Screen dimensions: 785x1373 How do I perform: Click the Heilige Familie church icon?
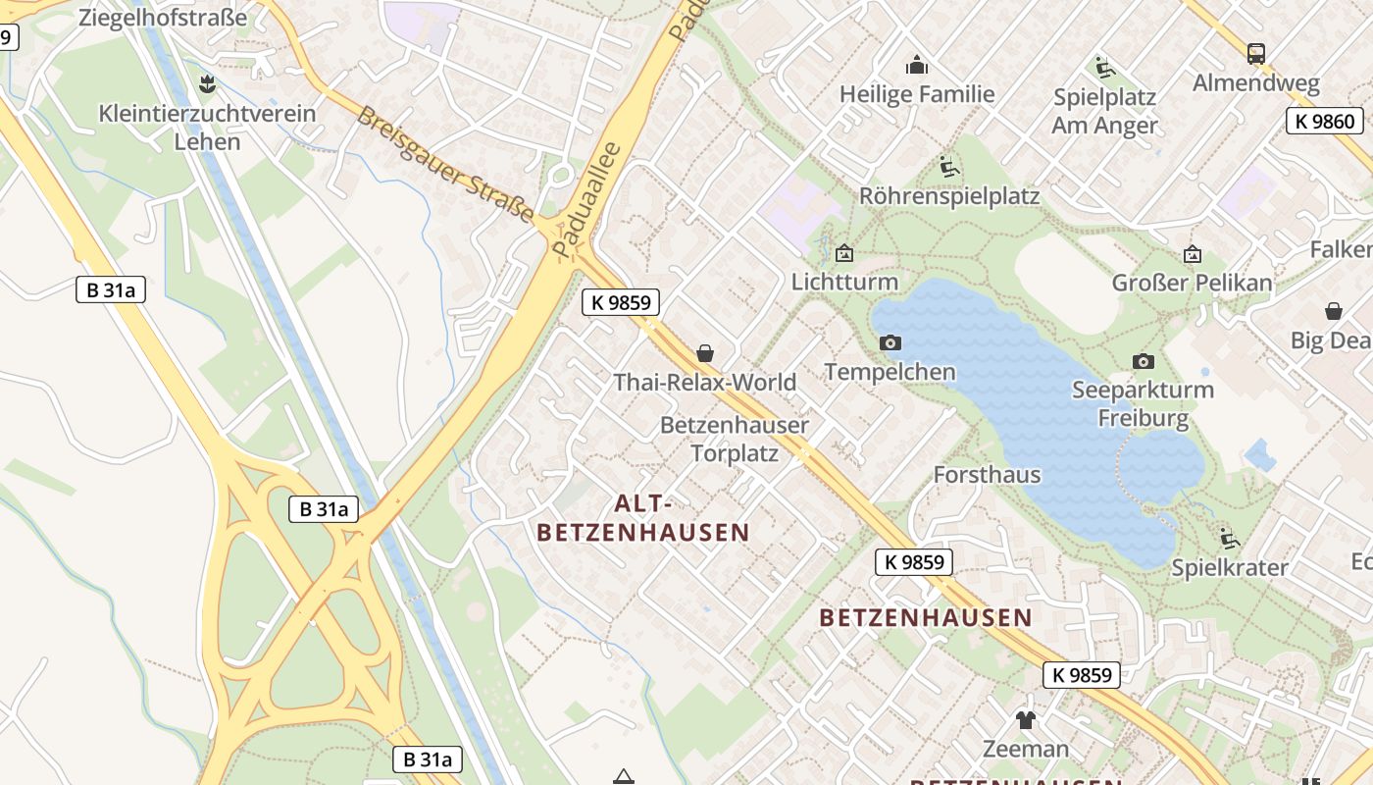[917, 66]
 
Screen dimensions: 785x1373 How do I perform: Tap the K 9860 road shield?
[1325, 122]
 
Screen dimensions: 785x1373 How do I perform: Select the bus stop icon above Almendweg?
[1255, 53]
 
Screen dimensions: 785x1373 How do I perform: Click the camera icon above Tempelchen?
[890, 342]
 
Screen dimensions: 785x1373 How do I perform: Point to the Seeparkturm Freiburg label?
[1143, 404]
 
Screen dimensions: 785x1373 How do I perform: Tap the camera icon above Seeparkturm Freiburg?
[1143, 361]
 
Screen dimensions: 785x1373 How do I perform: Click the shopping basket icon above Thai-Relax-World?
[704, 352]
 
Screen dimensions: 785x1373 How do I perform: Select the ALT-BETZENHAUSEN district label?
[643, 518]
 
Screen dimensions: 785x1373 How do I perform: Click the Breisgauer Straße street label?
[446, 164]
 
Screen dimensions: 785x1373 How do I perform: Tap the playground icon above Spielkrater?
[1229, 538]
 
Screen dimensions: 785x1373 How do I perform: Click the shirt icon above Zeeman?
[1025, 720]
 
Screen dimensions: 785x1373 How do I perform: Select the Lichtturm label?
[844, 282]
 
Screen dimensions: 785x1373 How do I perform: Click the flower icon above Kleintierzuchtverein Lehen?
[207, 83]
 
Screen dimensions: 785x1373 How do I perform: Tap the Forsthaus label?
[987, 475]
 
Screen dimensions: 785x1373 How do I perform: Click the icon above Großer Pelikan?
[1192, 254]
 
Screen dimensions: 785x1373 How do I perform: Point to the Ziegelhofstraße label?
[162, 17]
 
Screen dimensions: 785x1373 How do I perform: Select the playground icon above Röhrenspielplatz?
[948, 167]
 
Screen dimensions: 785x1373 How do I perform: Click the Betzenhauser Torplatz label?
[735, 439]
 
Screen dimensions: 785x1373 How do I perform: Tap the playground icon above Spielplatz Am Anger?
[1104, 68]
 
